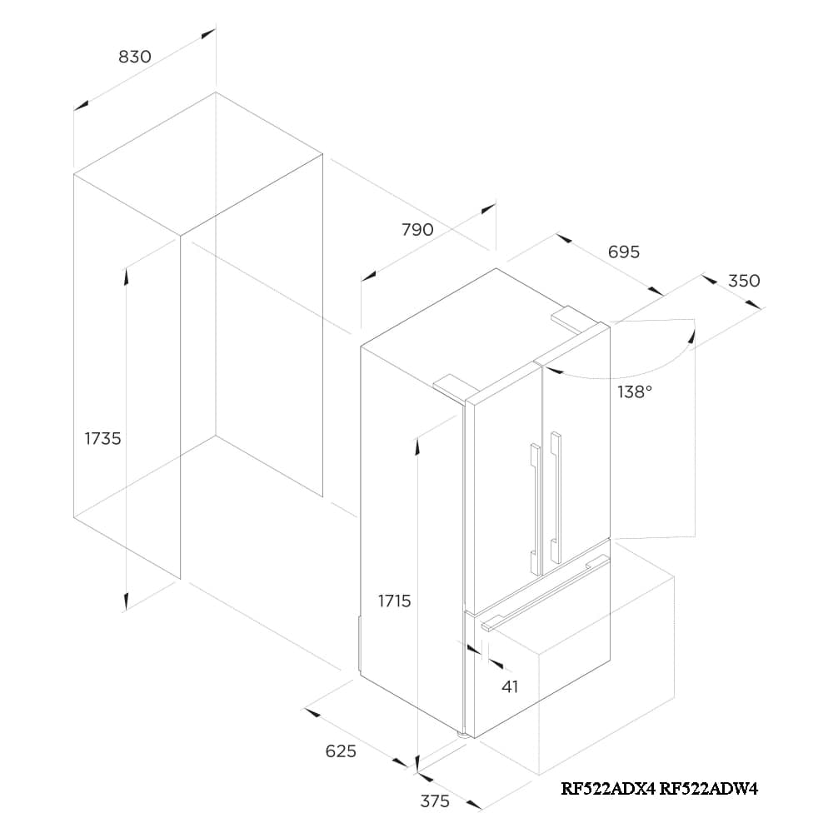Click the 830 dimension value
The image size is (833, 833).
(x=135, y=57)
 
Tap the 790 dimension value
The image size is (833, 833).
(x=417, y=230)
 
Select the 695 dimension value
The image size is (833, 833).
(x=624, y=252)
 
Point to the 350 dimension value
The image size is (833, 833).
(x=744, y=281)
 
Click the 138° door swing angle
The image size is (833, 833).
(x=635, y=392)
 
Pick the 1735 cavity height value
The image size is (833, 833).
(x=103, y=438)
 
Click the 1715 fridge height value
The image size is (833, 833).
(x=394, y=601)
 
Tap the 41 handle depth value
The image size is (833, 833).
(x=511, y=686)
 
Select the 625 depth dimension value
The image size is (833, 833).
(x=341, y=751)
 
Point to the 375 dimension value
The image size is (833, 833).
(x=435, y=801)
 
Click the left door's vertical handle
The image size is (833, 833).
(x=534, y=500)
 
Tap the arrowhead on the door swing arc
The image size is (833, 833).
(x=691, y=333)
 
